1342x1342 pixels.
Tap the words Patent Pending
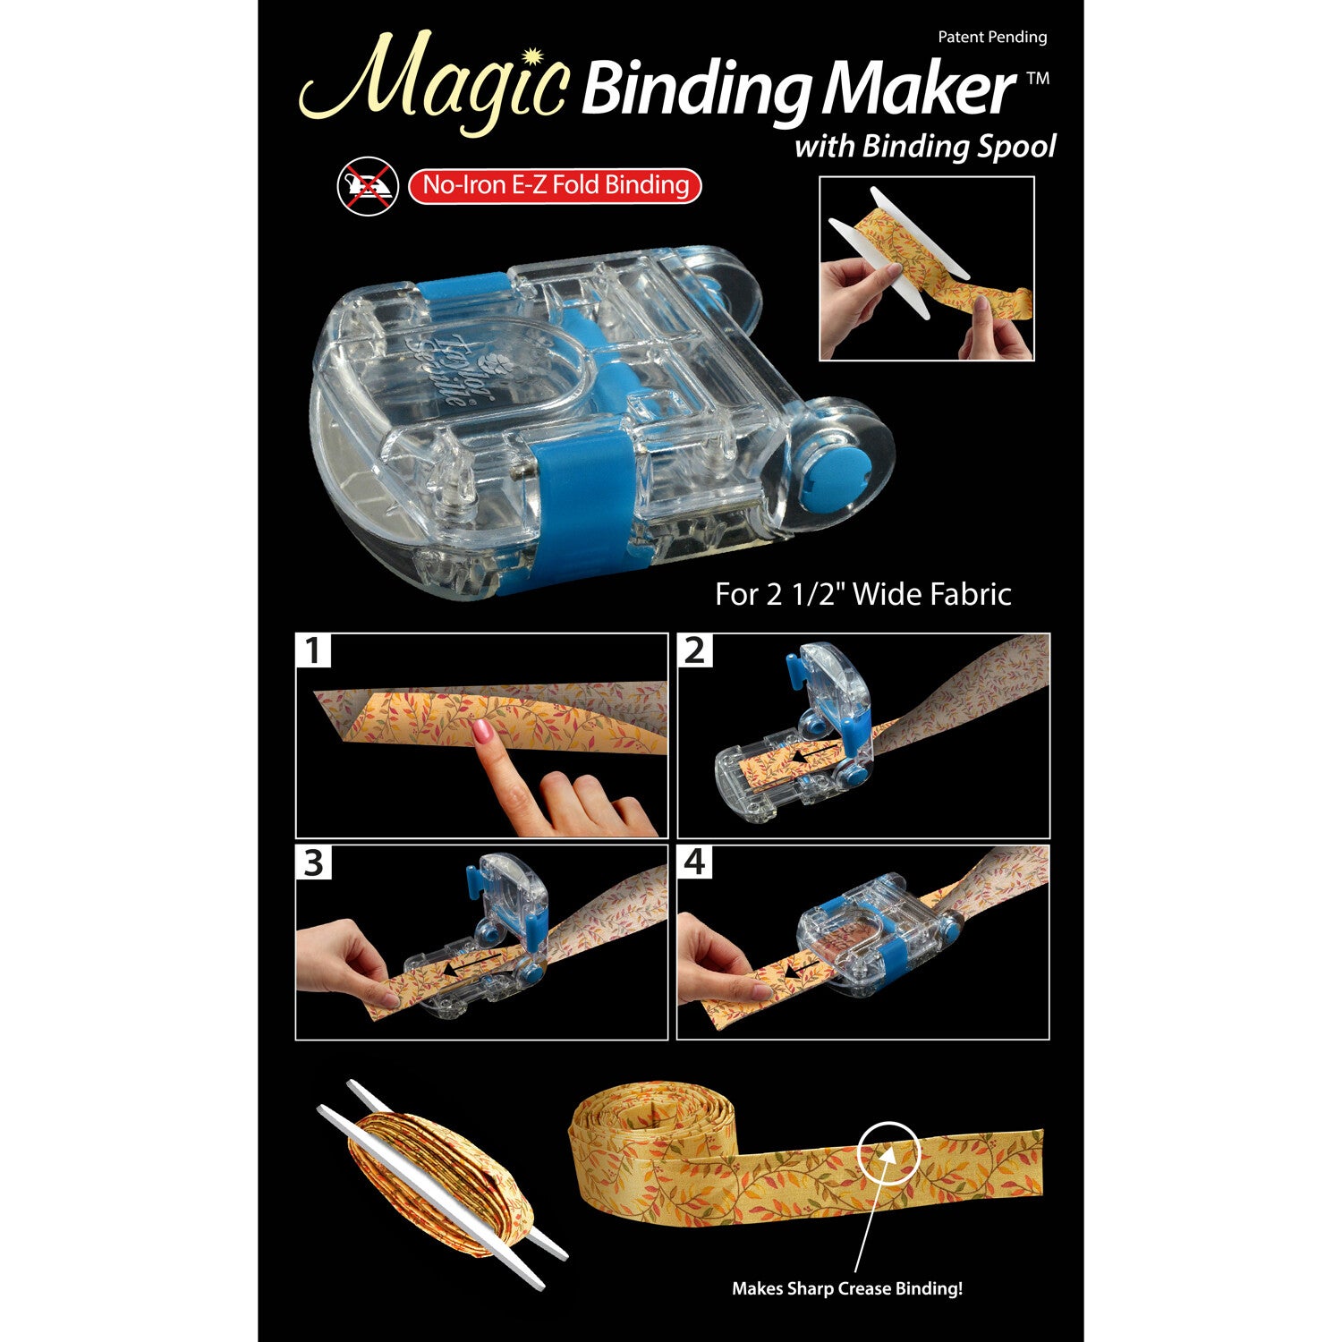coord(992,38)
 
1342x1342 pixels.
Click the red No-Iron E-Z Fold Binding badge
coord(555,186)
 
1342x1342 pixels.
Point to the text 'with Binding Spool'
coord(925,147)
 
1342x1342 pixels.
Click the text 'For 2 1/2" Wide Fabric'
coord(862,594)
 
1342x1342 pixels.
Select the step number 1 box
coord(313,650)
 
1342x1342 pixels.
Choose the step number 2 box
coord(695,650)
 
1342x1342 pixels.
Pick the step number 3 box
coord(313,862)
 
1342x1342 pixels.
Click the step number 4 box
coord(695,862)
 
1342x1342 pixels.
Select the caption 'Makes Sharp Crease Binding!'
coord(846,1288)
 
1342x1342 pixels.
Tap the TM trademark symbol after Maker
coord(1038,79)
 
